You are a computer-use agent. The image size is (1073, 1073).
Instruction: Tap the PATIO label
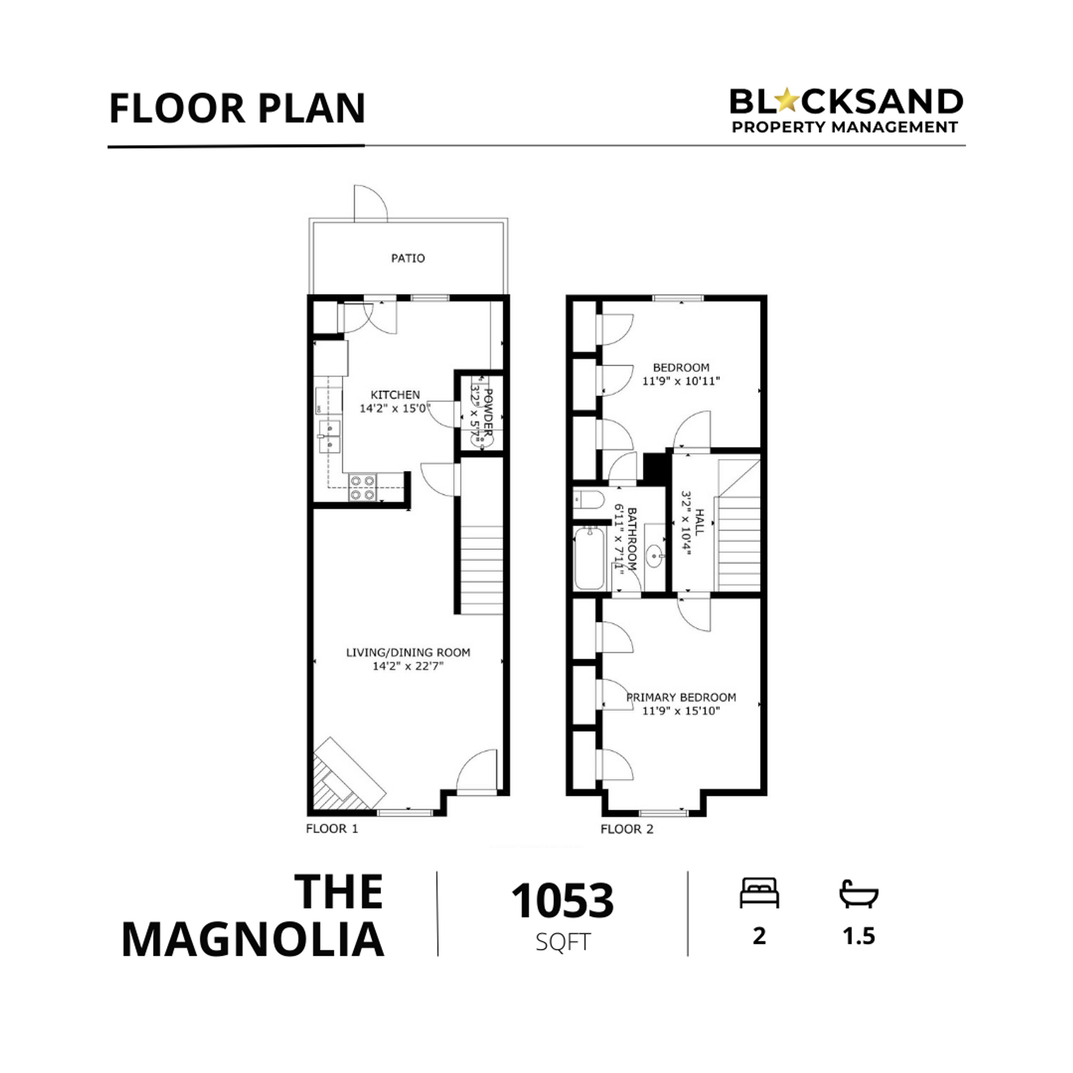point(408,258)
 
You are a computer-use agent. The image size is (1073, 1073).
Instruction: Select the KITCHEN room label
point(395,395)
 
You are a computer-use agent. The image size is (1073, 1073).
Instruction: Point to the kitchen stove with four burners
point(363,487)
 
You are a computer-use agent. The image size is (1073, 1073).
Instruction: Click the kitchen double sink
point(330,436)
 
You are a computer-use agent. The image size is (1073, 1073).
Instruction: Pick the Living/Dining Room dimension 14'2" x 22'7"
point(408,666)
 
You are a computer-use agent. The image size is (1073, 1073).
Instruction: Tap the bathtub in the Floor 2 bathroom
point(590,558)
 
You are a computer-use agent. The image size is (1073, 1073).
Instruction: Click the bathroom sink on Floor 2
point(654,556)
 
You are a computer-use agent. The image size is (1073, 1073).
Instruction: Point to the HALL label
point(699,522)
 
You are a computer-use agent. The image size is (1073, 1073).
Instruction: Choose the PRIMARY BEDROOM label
point(681,697)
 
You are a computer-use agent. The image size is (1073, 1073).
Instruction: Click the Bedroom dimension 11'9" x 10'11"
point(681,381)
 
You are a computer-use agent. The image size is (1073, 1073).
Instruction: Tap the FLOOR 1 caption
point(332,829)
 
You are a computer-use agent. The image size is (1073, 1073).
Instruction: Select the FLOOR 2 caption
point(627,829)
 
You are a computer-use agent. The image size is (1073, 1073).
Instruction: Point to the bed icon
point(759,893)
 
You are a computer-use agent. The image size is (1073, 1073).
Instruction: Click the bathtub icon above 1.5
point(859,893)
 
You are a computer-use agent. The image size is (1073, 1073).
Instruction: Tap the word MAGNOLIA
point(253,941)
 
